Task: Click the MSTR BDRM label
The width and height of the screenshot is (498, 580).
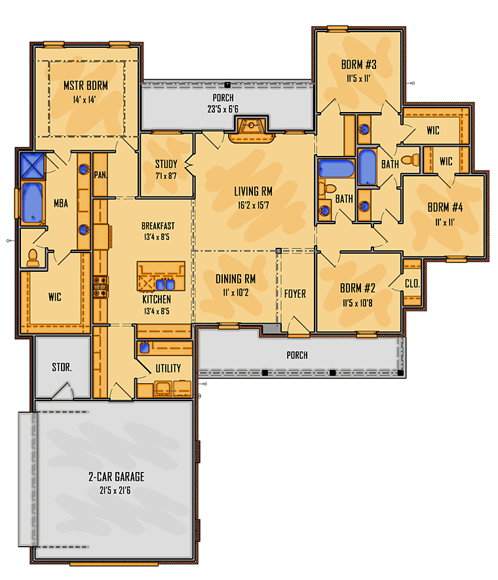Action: point(85,86)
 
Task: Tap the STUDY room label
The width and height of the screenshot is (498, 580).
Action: point(166,164)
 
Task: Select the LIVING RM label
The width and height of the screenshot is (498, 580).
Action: point(253,191)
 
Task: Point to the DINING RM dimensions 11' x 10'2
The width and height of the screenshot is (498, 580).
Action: point(235,292)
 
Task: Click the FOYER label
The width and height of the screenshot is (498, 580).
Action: point(295,294)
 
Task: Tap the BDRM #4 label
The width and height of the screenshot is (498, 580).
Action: point(445,208)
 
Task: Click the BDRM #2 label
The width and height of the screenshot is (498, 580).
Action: point(358,288)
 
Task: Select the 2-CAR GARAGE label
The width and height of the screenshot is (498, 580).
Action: point(116,476)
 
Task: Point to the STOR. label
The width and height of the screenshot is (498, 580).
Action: point(62,367)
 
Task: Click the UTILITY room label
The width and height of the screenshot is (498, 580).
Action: point(168,368)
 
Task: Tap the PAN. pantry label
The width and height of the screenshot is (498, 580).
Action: point(100,174)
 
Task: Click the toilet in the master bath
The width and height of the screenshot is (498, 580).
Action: point(33,258)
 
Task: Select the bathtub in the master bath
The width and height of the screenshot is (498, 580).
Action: point(33,203)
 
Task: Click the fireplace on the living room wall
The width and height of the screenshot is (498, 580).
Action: point(252,130)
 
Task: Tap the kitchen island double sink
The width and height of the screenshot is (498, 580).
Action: point(165,284)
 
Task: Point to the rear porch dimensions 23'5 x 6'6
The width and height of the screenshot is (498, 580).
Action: point(223,109)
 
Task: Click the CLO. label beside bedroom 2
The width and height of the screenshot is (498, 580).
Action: point(412,284)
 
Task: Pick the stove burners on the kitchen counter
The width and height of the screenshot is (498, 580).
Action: point(100,286)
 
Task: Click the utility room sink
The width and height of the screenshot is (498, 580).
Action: point(144,348)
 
